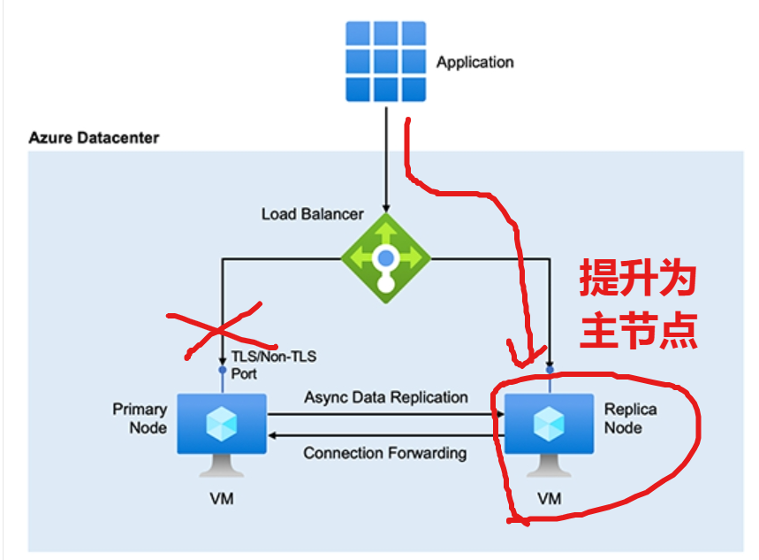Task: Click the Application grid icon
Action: coord(385,62)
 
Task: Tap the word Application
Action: coord(474,63)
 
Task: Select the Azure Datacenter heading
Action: coord(94,138)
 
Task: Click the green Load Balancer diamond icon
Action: coord(385,258)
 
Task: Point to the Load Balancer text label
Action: coord(312,214)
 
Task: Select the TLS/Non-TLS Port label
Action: coord(273,364)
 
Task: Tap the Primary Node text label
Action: coord(140,418)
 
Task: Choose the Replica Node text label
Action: coord(630,418)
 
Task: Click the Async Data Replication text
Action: coord(386,397)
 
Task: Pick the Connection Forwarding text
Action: coord(384,453)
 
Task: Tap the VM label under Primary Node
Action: coord(222,498)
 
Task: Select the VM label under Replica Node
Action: coord(549,499)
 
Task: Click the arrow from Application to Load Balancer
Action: coord(385,159)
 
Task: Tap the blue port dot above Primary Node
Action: coord(222,370)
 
